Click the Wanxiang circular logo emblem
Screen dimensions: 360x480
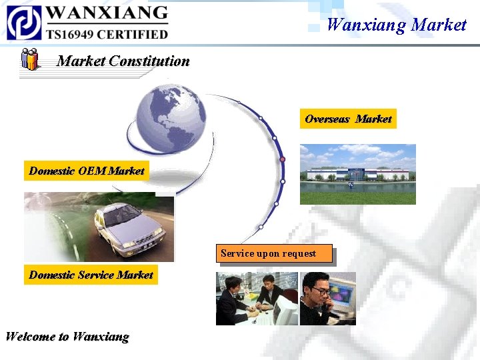[x=24, y=22]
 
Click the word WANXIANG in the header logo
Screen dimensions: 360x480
[x=107, y=13]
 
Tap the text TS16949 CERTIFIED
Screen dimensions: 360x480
[x=107, y=33]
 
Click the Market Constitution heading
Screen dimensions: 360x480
[x=123, y=61]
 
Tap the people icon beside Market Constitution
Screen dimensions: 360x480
[x=29, y=59]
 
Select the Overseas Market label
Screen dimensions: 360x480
[x=348, y=119]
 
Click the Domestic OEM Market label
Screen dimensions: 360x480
[x=87, y=171]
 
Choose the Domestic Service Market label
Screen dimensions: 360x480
[x=91, y=275]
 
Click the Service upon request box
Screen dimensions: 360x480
[x=276, y=253]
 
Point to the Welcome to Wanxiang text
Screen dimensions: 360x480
[x=67, y=337]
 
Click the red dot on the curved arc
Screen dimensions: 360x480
[x=282, y=160]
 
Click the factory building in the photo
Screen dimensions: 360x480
[x=357, y=173]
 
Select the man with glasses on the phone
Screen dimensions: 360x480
[x=317, y=297]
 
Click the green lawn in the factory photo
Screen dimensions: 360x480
[x=357, y=197]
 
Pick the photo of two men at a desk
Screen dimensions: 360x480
[x=257, y=299]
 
